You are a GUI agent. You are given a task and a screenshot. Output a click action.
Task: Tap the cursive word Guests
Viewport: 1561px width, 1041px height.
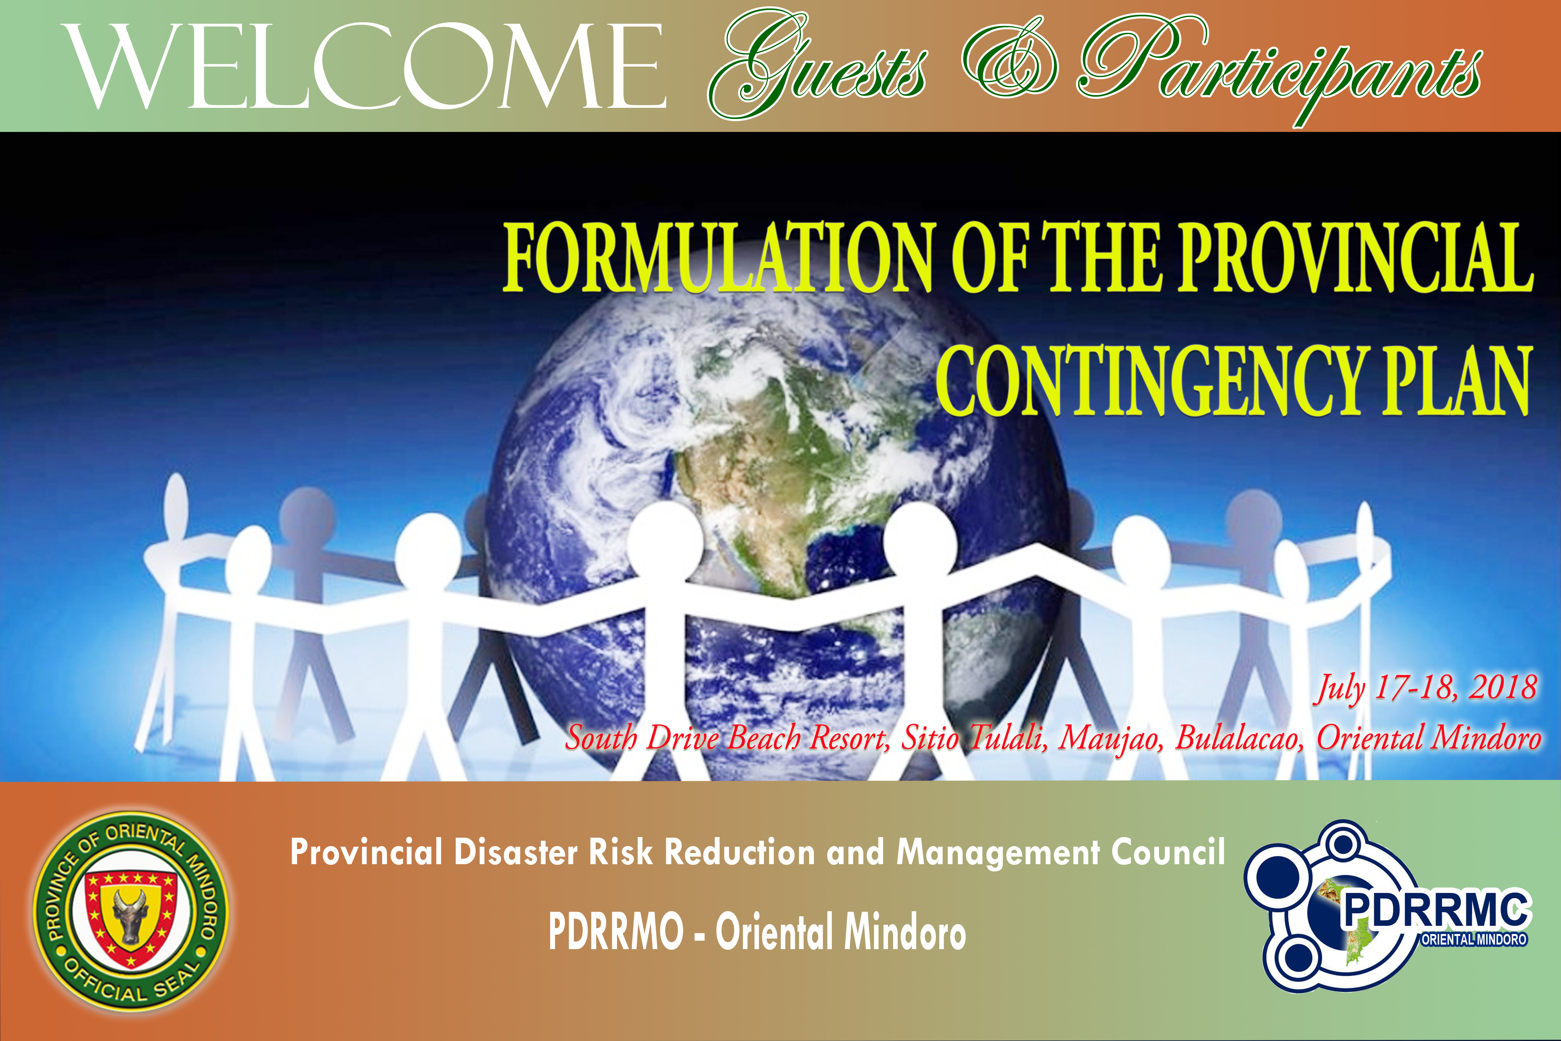pos(818,66)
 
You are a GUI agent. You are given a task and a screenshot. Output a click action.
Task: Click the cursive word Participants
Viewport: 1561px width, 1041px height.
pos(1279,70)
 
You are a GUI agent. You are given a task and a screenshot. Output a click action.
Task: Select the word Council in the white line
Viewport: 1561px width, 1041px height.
pos(1168,852)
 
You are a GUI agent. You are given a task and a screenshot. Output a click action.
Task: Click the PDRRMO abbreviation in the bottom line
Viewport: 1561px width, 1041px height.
pos(616,931)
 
